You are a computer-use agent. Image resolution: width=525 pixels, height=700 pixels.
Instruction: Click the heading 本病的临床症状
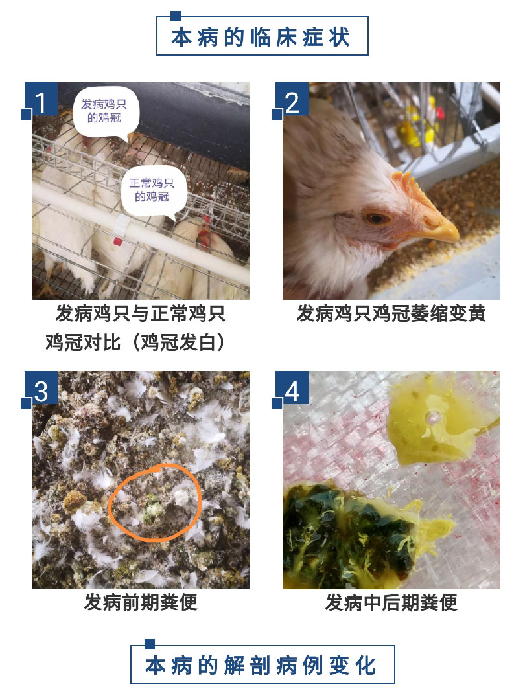(x=262, y=36)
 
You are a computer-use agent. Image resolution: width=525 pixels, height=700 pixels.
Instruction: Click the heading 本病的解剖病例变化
(x=262, y=665)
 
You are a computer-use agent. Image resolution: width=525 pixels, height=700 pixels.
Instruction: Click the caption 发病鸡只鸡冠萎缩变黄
(x=391, y=315)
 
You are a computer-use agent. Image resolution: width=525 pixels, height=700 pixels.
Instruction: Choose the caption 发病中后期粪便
(x=391, y=603)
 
